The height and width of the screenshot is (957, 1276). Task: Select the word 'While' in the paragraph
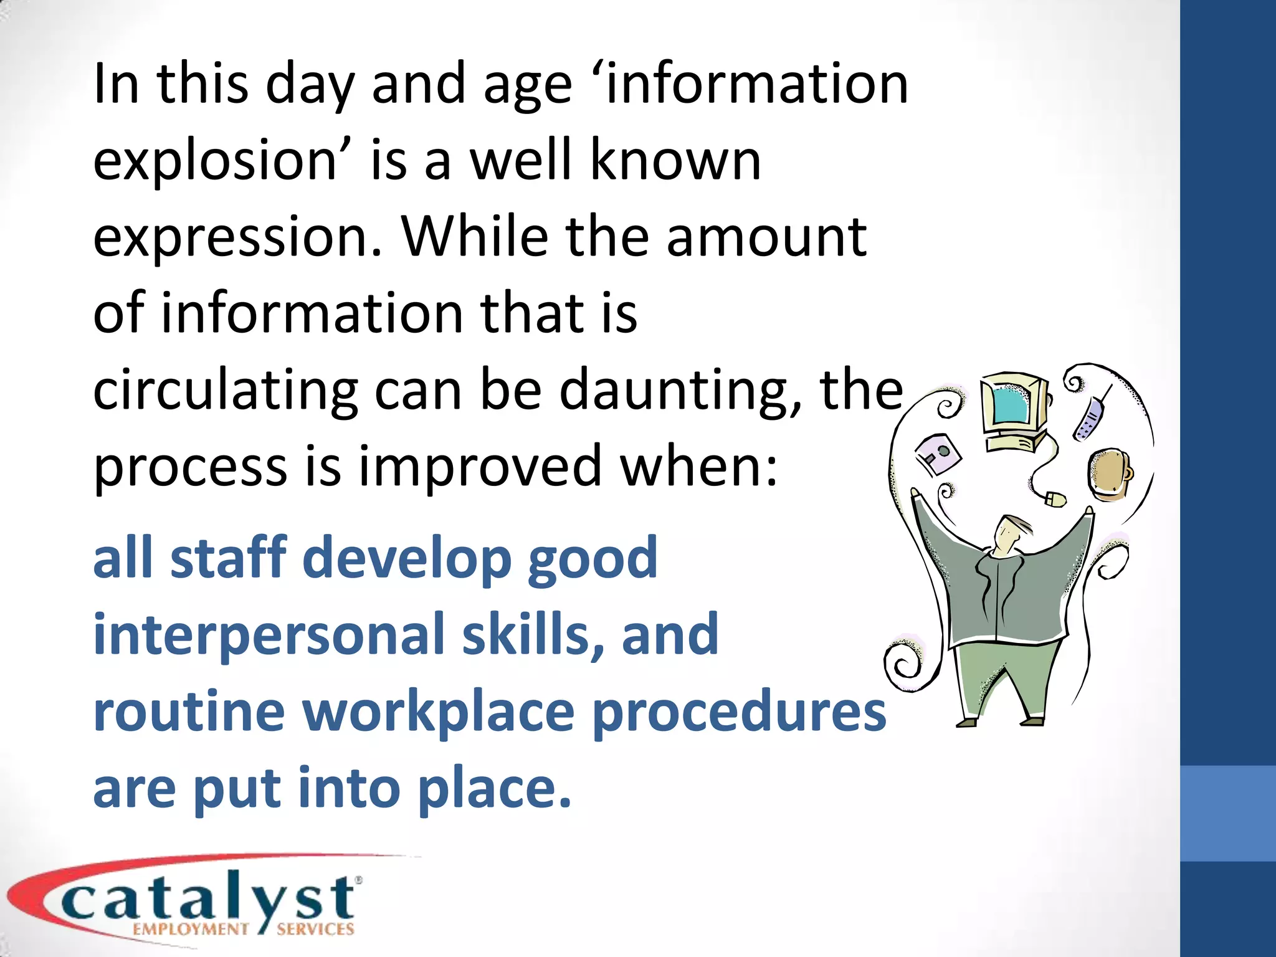coord(474,237)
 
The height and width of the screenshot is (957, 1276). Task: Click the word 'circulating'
coord(225,391)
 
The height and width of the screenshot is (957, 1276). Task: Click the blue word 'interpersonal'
coord(269,634)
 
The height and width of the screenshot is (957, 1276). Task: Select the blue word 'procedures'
coord(738,712)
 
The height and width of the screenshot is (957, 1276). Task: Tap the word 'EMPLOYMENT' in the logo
coord(191,930)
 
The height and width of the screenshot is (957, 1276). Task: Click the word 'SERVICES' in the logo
coord(315,930)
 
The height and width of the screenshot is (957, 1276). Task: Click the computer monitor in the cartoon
coord(1013,408)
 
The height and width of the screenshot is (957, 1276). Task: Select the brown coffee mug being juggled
coord(1110,472)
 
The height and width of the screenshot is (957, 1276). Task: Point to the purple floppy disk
coord(938,454)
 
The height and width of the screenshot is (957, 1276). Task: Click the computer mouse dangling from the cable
coord(1055,499)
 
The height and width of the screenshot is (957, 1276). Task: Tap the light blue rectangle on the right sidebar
coord(1227,813)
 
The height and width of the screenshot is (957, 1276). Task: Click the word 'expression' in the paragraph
coord(237,238)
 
